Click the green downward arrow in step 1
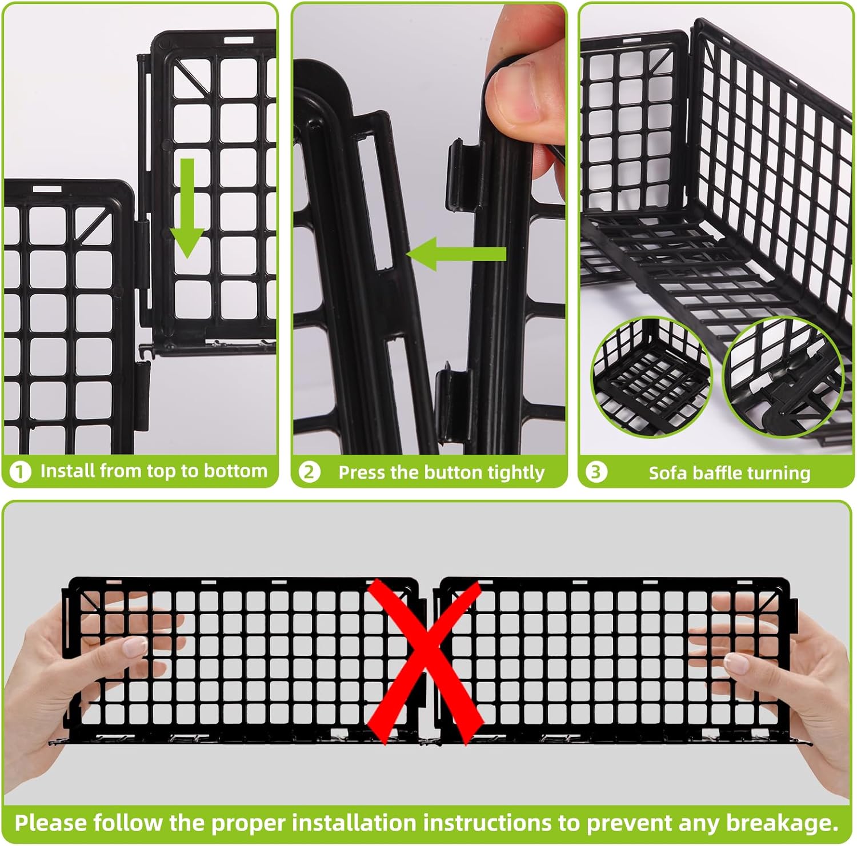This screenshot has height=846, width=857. point(187,208)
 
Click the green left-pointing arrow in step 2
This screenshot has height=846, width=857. point(456,254)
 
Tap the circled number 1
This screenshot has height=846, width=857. point(21,472)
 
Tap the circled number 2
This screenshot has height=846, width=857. point(309,472)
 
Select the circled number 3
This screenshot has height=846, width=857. point(596,472)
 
